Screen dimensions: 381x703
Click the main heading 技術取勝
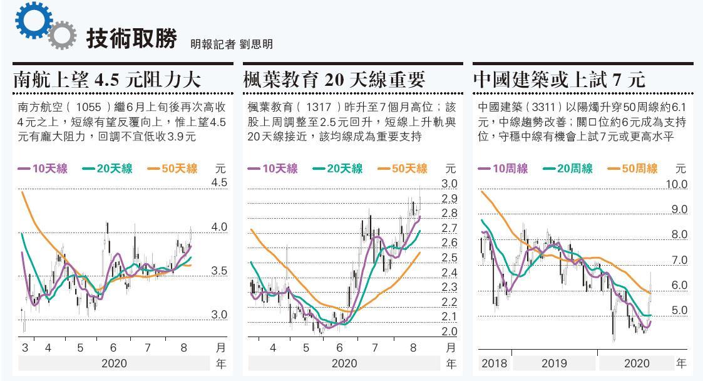(131, 37)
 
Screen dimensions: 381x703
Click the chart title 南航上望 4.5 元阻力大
(107, 80)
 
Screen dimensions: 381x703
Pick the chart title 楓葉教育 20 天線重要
(335, 80)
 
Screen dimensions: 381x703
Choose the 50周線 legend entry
(632, 169)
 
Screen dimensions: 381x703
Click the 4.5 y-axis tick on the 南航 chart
(218, 183)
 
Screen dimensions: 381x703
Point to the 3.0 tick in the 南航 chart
(218, 315)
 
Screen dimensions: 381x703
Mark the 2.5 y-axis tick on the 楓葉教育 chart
(449, 258)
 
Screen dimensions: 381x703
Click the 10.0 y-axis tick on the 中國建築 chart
(675, 184)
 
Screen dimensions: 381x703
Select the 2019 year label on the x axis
(554, 363)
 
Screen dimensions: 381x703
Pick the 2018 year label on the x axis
(494, 363)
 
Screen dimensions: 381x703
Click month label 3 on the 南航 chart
(25, 347)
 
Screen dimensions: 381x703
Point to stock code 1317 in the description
(316, 107)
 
